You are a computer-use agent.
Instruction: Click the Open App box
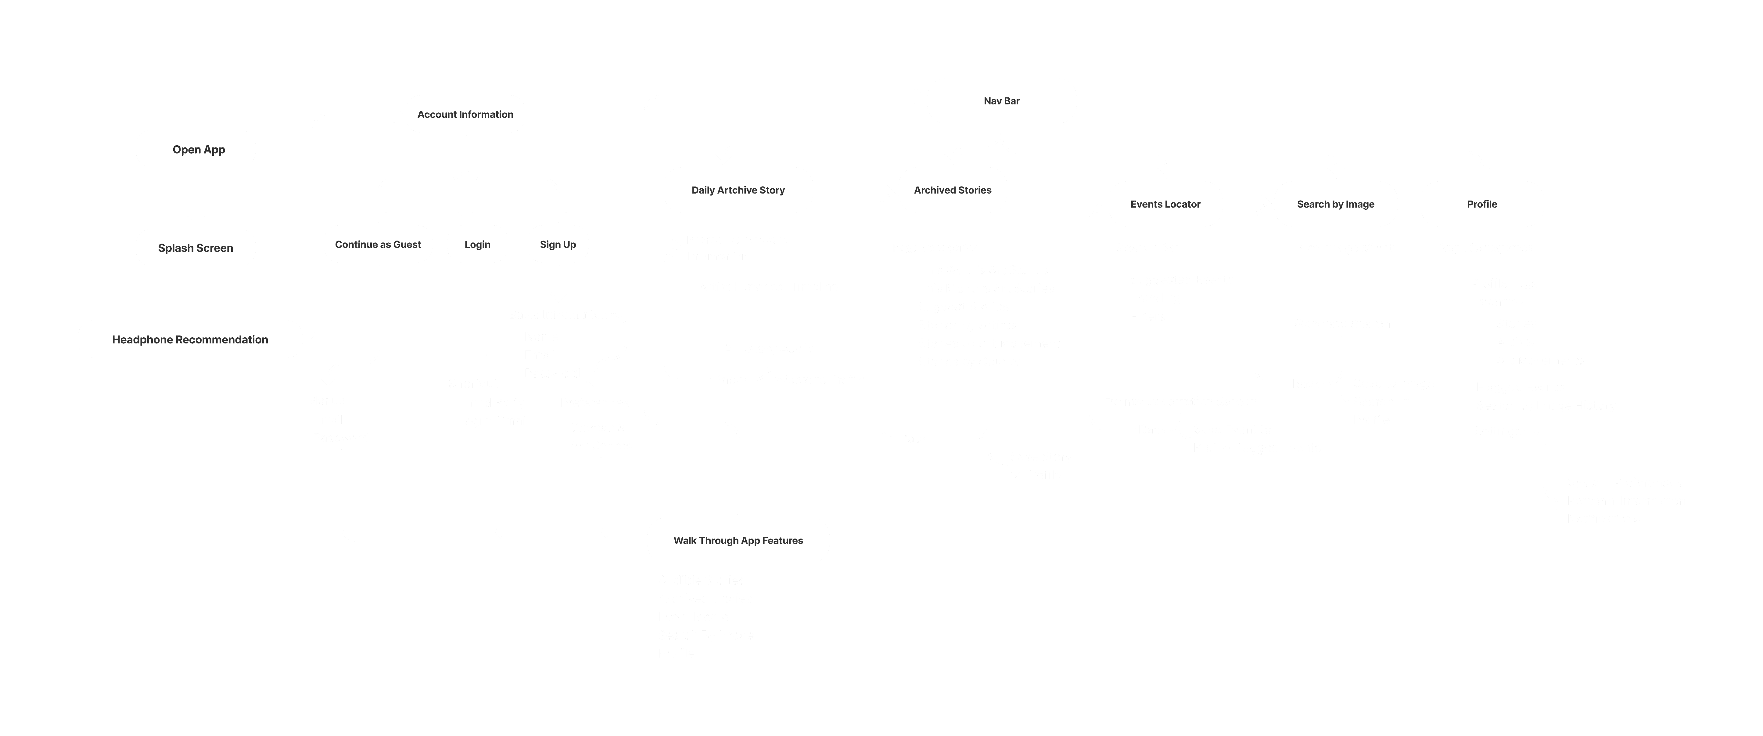[196, 149]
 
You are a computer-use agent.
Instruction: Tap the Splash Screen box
[196, 248]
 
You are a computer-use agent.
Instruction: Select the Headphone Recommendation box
[190, 339]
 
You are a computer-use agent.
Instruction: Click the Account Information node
[465, 114]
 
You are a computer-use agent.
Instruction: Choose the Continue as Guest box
[378, 245]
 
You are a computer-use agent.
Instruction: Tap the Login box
[477, 245]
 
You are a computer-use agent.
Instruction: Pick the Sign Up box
[558, 245]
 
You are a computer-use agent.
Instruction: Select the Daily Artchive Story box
[738, 190]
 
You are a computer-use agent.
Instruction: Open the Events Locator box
[1165, 204]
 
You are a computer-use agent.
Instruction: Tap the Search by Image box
[1335, 204]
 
